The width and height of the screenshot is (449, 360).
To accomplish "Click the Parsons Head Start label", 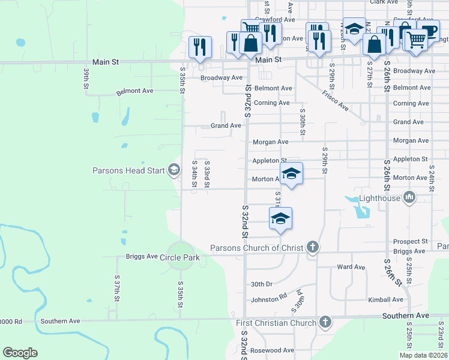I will pos(128,170).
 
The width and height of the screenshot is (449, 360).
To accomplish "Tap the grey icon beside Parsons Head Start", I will pos(174,170).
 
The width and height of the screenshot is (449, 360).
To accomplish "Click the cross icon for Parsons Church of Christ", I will pos(312,247).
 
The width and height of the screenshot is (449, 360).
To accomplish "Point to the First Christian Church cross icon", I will pos(325,323).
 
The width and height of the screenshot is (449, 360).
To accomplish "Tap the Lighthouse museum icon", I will pos(410,197).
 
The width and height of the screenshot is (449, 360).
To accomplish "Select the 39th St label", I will pos(86,79).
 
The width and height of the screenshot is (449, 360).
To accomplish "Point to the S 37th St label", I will pos(118,289).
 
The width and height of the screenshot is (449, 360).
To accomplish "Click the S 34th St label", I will pos(194,174).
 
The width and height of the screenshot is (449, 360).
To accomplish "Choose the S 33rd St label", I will pos(206,174).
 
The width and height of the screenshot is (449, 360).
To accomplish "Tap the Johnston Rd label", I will pos(269,299).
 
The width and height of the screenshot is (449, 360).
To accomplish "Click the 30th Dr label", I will pos(262,284).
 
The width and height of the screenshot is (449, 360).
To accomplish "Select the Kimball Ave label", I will pos(385,299).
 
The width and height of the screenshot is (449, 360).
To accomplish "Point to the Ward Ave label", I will pos(352,267).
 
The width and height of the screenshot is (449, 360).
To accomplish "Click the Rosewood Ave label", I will pos(273,350).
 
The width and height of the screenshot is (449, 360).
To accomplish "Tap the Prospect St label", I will pos(409,241).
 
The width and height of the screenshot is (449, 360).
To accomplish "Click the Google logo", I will pos(20,353).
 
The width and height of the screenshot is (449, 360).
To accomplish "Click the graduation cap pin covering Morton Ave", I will pos(291,174).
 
